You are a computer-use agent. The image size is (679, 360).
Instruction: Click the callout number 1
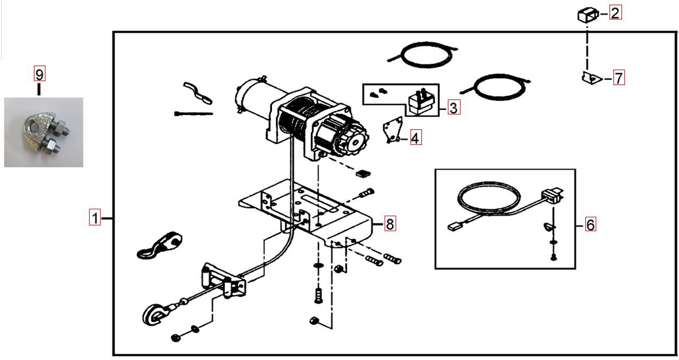coord(94,219)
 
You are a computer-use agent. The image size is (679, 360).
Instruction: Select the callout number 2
coord(615,13)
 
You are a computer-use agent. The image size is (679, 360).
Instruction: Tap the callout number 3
coord(454,107)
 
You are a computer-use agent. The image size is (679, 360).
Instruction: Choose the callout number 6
coord(590,224)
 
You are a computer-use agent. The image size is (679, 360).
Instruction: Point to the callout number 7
coord(619,78)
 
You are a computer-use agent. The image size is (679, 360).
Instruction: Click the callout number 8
coord(389,224)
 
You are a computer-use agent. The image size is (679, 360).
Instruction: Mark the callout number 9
coord(39,74)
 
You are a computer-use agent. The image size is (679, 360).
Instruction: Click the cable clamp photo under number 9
coord(43,133)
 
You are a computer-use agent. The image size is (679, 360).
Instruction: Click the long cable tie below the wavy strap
coord(193,114)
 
